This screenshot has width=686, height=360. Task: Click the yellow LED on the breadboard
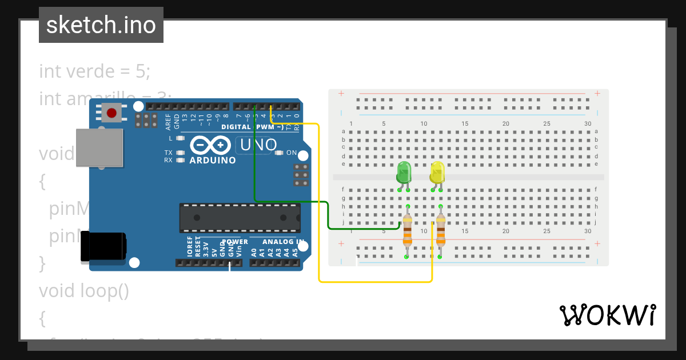coord(437,173)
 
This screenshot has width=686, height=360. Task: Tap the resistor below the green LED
coord(407,231)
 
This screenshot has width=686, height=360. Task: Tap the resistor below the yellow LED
coord(440,231)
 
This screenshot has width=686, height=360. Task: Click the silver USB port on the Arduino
coord(99,147)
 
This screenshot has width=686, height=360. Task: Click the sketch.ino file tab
coord(101,25)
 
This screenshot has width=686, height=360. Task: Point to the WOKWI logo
coord(607,315)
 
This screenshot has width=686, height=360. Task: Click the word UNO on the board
coord(258,145)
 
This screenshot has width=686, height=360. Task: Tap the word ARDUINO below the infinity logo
coord(212,161)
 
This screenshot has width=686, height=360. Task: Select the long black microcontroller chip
coord(240,218)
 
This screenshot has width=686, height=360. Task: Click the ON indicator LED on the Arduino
coord(280,153)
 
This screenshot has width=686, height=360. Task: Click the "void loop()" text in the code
coord(84,291)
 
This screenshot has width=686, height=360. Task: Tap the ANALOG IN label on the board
coord(273,242)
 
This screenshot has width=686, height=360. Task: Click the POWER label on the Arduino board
coord(234,242)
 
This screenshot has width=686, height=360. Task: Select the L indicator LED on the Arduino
coord(181,138)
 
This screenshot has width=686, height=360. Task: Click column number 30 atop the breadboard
coord(588,124)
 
